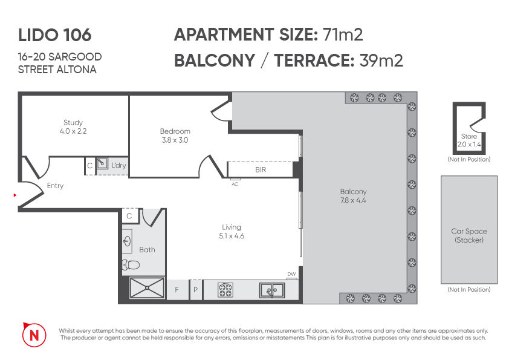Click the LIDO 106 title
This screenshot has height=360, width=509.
coord(54,35)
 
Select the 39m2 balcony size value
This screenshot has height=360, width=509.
coord(381,61)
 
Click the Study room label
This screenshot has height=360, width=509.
coord(73,122)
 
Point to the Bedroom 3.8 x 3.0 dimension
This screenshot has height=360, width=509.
coord(175,140)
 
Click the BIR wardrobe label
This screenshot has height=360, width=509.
coord(261,170)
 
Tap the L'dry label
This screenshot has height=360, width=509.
coord(118,165)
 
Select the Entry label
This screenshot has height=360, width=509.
coord(55,186)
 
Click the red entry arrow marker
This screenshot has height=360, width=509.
coord(15,195)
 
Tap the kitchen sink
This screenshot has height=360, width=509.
coord(273,290)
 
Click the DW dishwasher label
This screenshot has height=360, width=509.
coord(291,274)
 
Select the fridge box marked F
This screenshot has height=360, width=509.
coord(177,290)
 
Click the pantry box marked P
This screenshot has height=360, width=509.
coord(195,290)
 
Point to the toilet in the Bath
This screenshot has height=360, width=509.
coord(131,264)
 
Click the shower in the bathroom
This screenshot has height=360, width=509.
coord(147,289)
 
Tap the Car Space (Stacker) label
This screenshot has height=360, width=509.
coord(468,235)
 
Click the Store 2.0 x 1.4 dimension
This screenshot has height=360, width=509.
coord(468,145)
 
